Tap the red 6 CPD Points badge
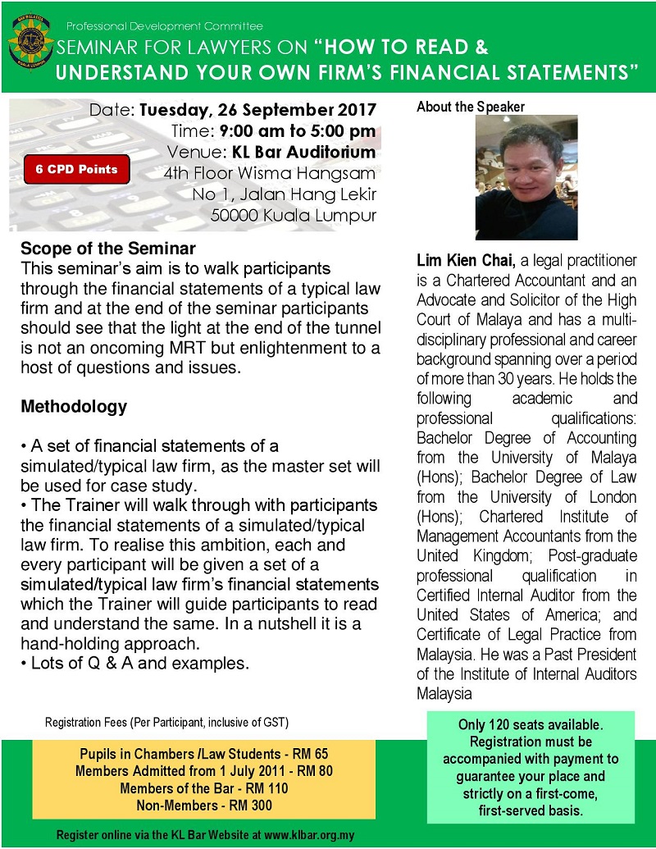click(x=76, y=170)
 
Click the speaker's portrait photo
click(x=526, y=177)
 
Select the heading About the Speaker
click(x=471, y=107)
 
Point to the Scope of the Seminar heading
click(x=108, y=249)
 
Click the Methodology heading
click(x=74, y=406)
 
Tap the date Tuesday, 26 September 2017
click(x=257, y=110)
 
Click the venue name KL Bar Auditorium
click(x=305, y=153)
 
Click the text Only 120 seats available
click(x=529, y=725)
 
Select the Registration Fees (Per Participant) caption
click(x=166, y=722)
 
